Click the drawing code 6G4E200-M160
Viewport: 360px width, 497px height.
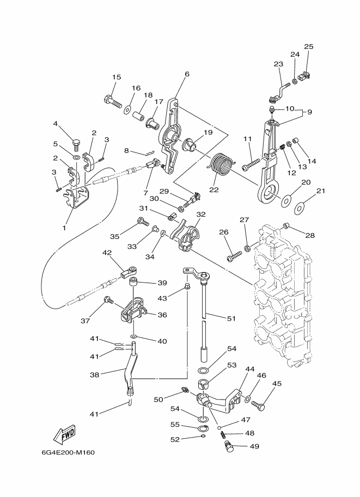68,452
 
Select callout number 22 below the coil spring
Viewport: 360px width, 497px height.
214,189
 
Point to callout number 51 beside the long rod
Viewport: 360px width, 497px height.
231,318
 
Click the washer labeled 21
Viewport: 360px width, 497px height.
299,207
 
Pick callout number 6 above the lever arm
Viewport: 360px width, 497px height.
187,74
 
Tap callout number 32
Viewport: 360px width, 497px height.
201,214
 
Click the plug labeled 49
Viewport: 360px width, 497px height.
229,446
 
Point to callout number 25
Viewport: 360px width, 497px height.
309,47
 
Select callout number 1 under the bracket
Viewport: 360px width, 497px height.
64,228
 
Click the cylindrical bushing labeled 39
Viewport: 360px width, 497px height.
132,283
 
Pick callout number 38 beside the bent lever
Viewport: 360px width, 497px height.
95,375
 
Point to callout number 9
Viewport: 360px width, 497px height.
309,112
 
